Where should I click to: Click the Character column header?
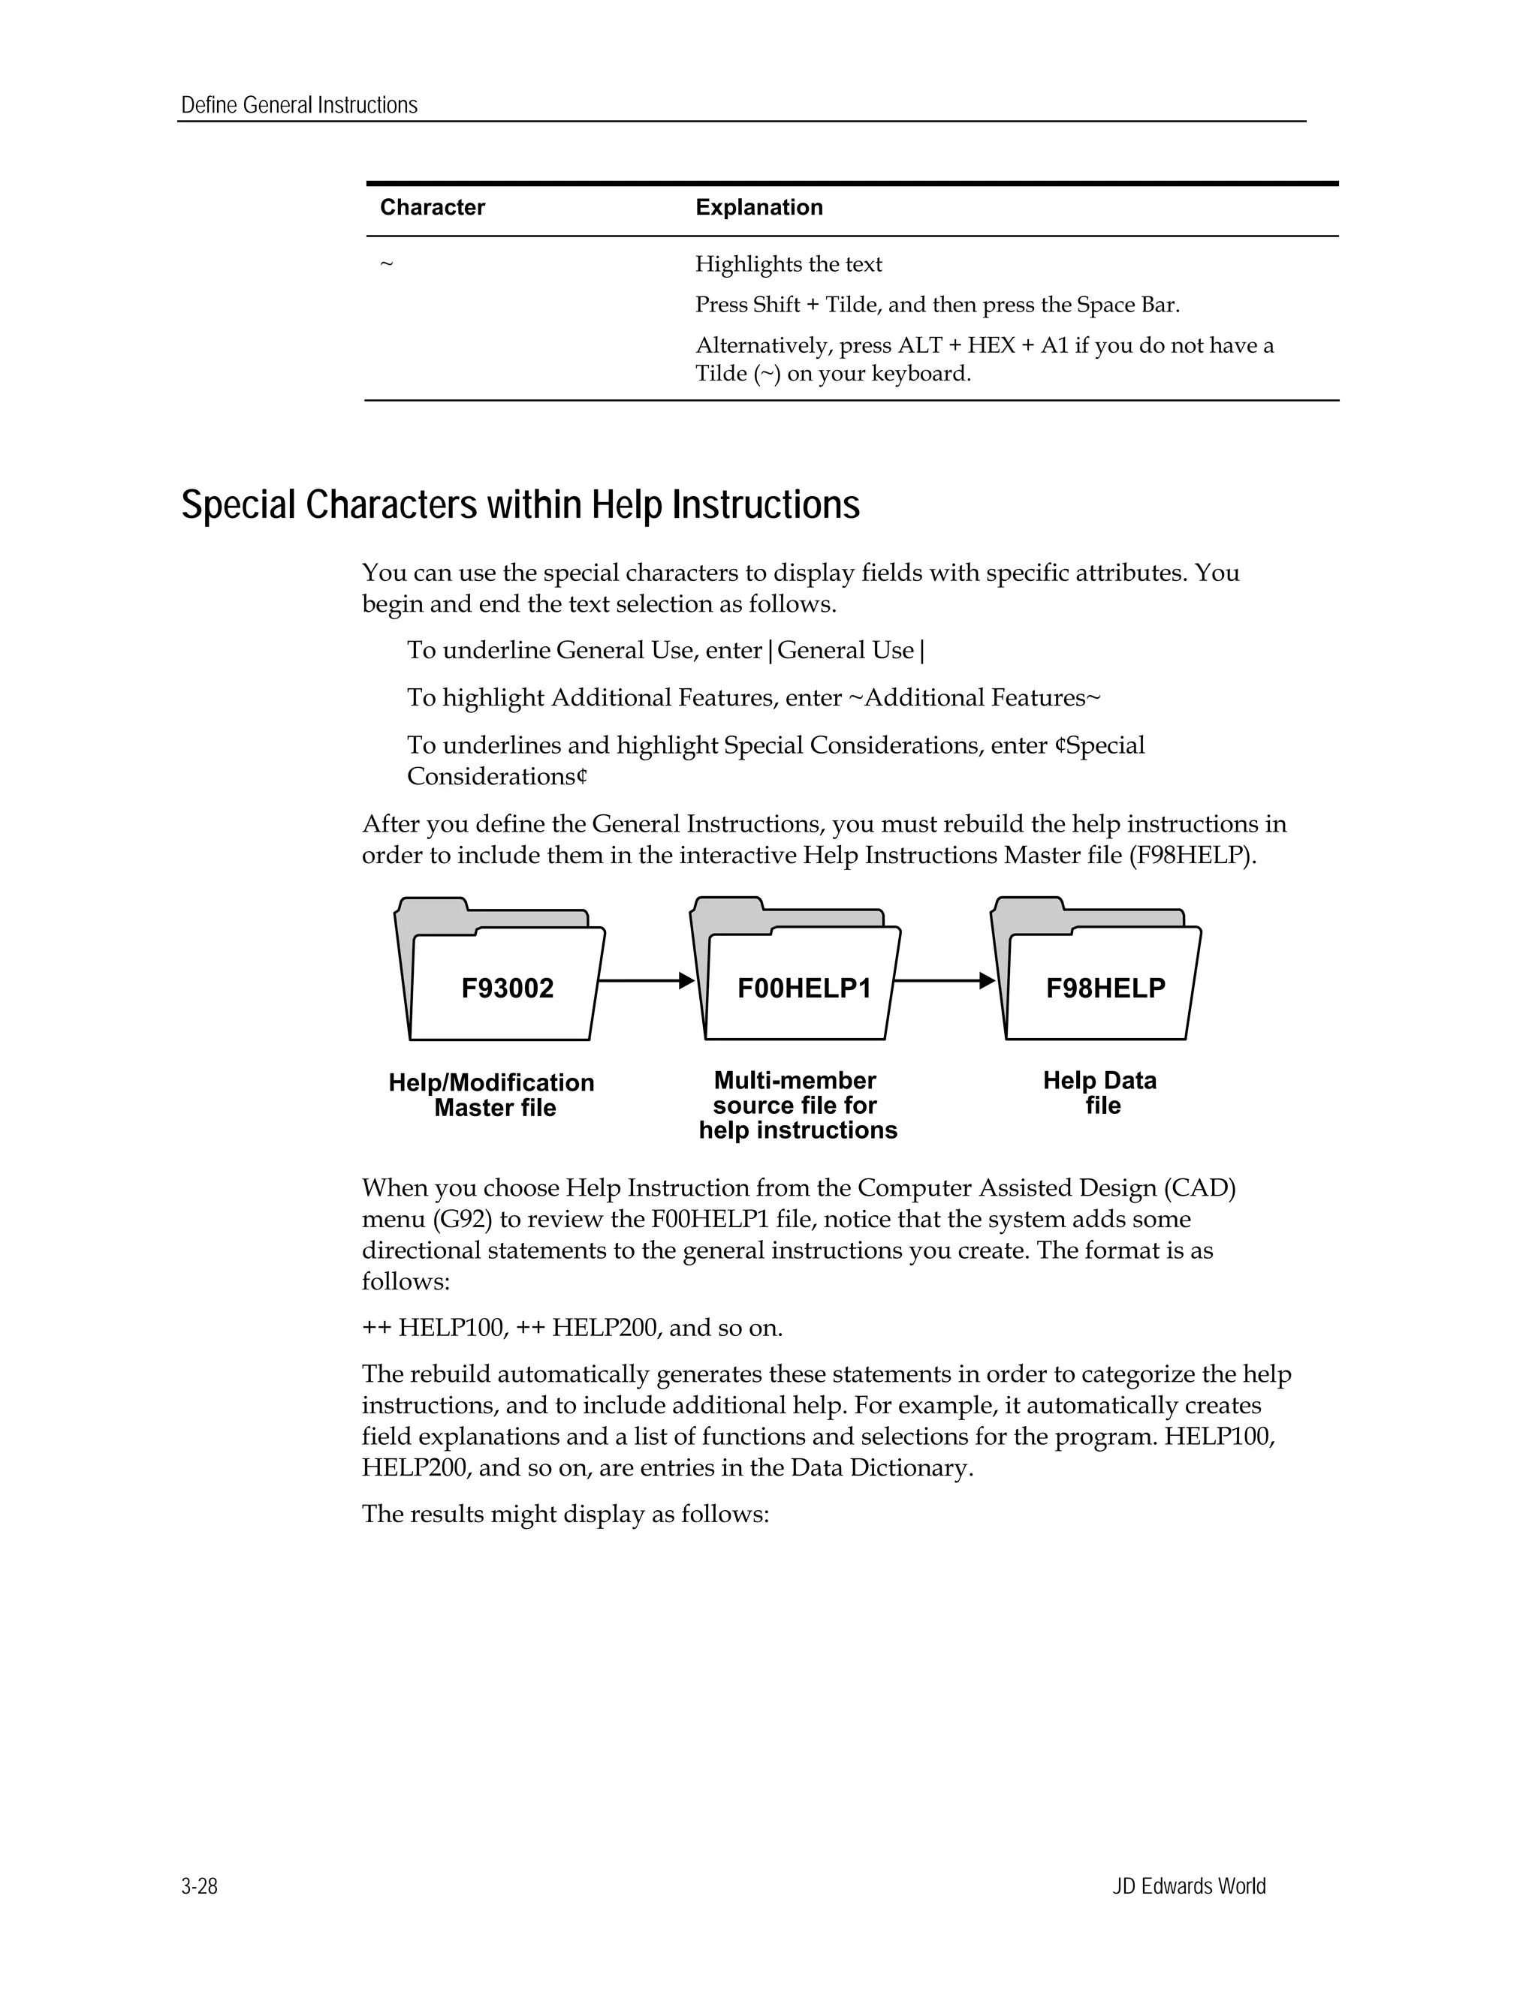[x=432, y=208]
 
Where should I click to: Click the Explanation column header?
[x=759, y=208]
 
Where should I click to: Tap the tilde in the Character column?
[x=386, y=265]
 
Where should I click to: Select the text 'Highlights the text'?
[x=788, y=264]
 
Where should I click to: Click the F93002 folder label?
[x=507, y=988]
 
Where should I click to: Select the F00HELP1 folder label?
[x=804, y=988]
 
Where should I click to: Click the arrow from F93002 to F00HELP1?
[x=646, y=981]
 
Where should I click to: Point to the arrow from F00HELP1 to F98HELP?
[x=944, y=981]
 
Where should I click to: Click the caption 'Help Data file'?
[x=1101, y=1093]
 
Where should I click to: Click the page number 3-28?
[x=200, y=1886]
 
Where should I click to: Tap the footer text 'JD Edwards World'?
[x=1188, y=1886]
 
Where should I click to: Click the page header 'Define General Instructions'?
[x=299, y=106]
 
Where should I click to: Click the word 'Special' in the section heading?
[x=240, y=504]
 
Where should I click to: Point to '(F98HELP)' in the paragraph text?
[x=1192, y=856]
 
